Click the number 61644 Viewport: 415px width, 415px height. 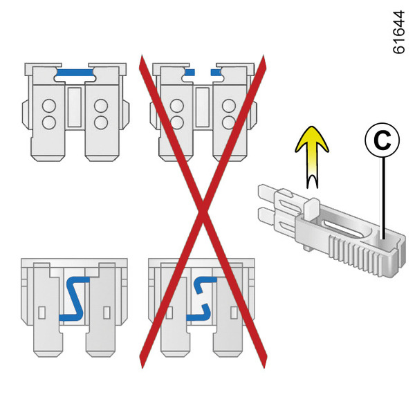399,31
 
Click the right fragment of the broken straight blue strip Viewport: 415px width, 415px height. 216,71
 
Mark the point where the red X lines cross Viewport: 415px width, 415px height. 203,207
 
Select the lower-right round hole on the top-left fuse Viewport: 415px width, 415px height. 101,122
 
